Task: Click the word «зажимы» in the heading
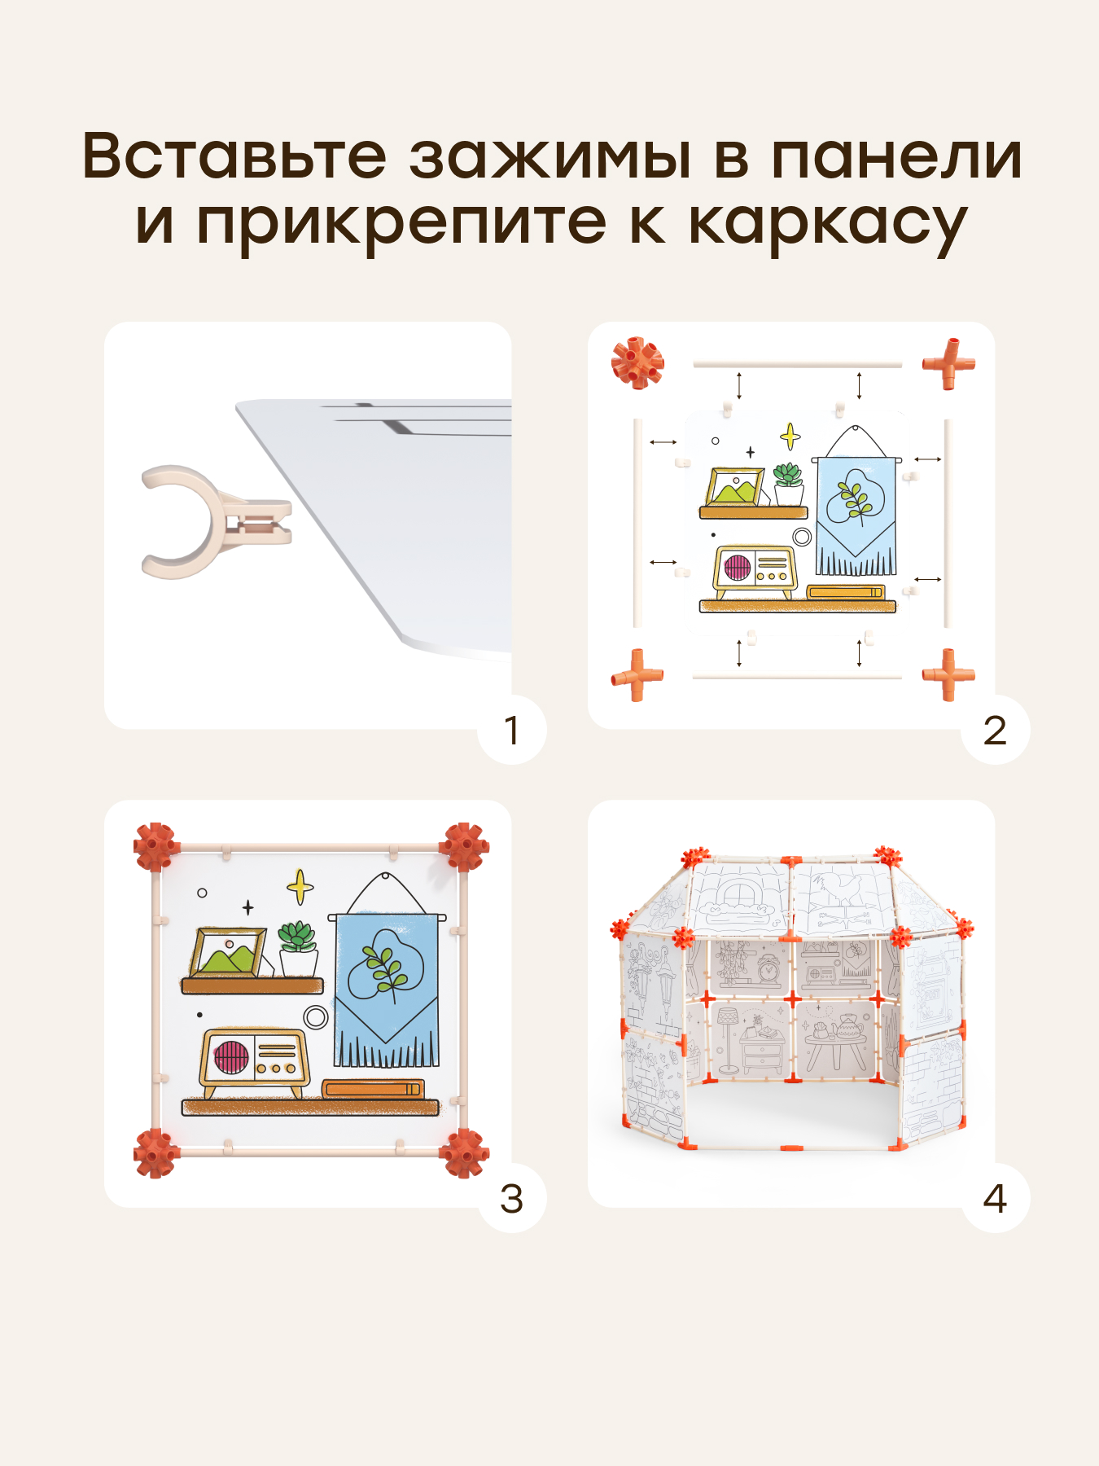(x=550, y=155)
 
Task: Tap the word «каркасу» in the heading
(x=828, y=225)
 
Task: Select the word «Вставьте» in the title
(x=234, y=155)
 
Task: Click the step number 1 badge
(x=511, y=730)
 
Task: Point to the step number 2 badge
(x=995, y=730)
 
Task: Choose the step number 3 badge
(x=511, y=1198)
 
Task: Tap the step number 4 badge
(x=995, y=1198)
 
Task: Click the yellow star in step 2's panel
(x=790, y=437)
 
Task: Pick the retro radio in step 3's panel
(x=255, y=1064)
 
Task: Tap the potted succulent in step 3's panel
(x=298, y=949)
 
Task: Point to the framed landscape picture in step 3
(x=229, y=952)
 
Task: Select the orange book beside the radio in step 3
(x=373, y=1089)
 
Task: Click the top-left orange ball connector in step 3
(x=155, y=847)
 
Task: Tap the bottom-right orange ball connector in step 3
(x=464, y=1152)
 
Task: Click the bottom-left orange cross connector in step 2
(x=637, y=675)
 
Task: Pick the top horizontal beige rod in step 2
(x=798, y=364)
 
